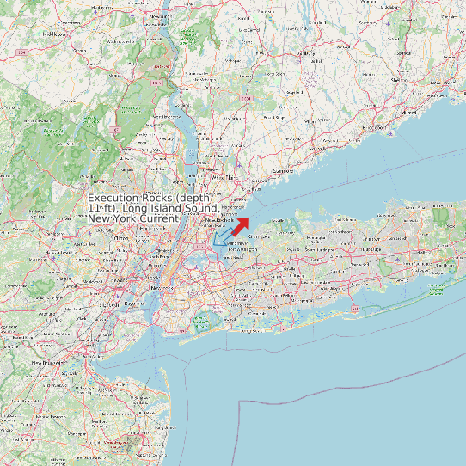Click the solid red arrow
click(241, 225)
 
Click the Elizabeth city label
click(111, 304)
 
